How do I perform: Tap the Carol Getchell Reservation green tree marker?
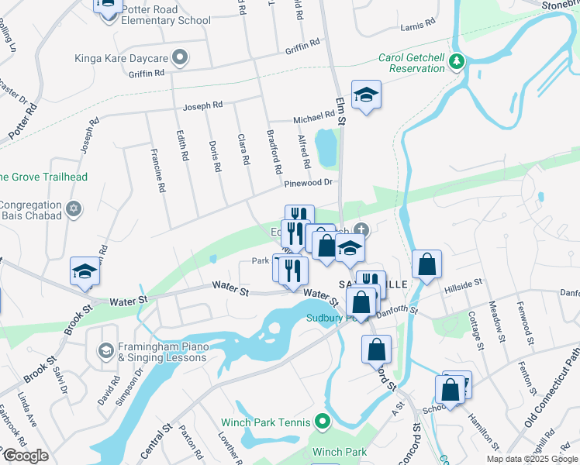pos(458,61)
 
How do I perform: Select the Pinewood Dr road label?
pos(308,184)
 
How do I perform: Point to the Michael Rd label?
pos(313,119)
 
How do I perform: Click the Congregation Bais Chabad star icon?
pos(74,208)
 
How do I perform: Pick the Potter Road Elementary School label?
pos(161,15)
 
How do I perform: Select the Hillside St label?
pos(463,288)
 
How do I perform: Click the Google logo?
pos(26,456)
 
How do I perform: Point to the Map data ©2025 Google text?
pos(532,459)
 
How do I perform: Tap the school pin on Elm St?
pos(366,96)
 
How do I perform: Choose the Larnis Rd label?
pos(418,26)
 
